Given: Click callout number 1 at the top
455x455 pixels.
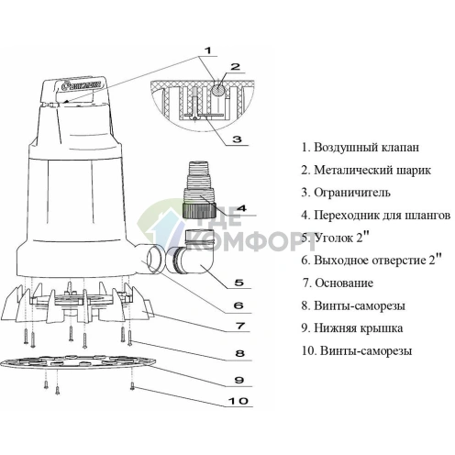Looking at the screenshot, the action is point(207,50).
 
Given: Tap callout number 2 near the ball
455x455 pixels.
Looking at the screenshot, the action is point(235,67).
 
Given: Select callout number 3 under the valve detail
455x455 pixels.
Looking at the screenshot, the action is point(237,139).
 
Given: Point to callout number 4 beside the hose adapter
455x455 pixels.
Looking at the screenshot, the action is point(241,208).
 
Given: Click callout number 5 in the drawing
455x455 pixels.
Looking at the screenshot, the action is point(239,283).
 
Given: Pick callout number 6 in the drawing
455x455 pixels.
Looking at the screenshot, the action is point(239,305).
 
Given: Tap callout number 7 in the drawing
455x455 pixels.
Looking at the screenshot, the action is point(240,326).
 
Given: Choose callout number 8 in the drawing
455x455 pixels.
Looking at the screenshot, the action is point(240,353).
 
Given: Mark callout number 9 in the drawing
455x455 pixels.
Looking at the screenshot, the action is point(239,380).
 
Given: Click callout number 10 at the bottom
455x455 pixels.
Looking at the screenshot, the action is point(239,401).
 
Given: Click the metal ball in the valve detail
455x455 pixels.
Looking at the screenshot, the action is point(219,90).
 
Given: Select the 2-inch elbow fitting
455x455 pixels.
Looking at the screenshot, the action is point(192,251).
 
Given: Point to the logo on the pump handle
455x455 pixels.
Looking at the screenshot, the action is point(80,85).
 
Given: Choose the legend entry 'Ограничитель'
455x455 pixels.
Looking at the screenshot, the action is point(352,193).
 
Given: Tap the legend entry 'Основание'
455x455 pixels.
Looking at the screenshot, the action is point(344,283).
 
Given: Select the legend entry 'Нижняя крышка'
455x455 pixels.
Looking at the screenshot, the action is point(359,328).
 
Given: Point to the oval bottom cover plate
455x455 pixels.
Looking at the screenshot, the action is point(78,363).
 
